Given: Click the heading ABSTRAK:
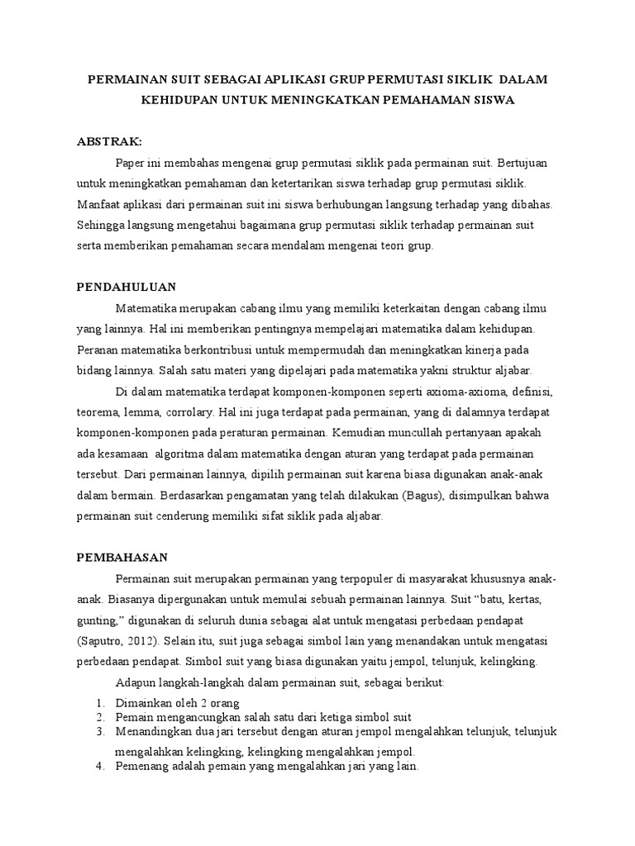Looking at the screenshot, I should click(110, 141).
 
